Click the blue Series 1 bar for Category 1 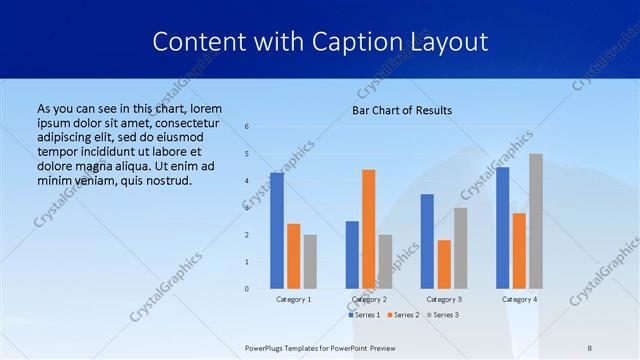coord(277,231)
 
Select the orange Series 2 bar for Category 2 coord(368,229)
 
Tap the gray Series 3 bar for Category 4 coord(536,221)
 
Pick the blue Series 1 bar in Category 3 coord(427,241)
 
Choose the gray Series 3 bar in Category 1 coord(310,261)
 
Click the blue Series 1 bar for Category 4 coord(502,228)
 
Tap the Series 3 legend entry coord(443,315)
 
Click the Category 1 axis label coord(294,299)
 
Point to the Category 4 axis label coord(519,299)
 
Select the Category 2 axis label coord(369,299)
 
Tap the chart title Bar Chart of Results coord(402,110)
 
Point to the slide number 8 coord(590,347)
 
